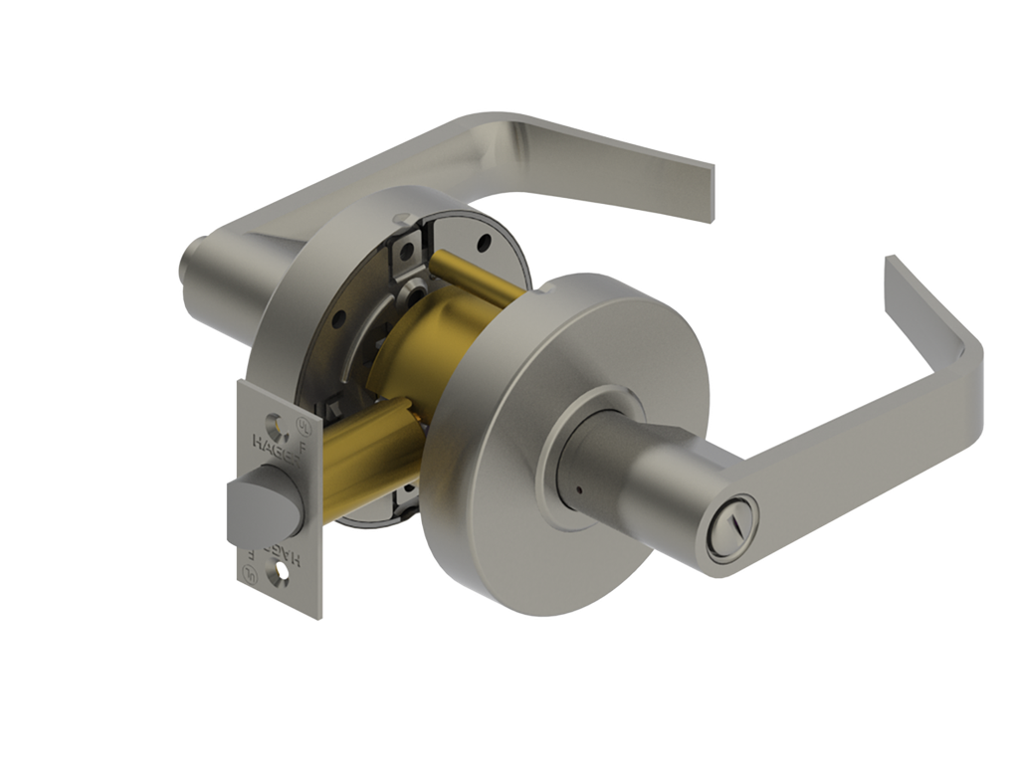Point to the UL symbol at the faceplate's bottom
pos(249,574)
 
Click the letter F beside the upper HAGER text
pos(303,447)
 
